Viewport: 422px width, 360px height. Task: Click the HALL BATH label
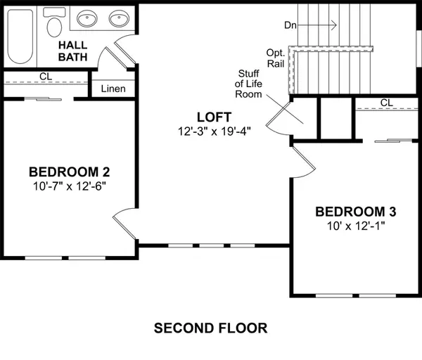point(72,51)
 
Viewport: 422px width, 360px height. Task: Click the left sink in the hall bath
point(89,18)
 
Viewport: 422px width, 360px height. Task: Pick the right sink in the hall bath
point(118,18)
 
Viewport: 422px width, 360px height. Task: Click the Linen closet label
point(113,89)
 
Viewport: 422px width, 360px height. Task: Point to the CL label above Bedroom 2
point(46,76)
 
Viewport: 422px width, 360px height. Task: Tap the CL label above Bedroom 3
point(386,103)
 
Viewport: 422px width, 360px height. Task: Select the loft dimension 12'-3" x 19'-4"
point(215,131)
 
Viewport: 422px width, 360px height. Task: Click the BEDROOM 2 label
point(69,172)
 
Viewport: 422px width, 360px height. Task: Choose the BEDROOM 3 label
point(356,212)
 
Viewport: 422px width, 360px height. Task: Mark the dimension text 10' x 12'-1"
point(356,226)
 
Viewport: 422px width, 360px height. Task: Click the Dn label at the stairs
point(290,25)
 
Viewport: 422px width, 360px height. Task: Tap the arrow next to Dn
point(320,25)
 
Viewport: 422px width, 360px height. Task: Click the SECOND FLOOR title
point(211,328)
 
